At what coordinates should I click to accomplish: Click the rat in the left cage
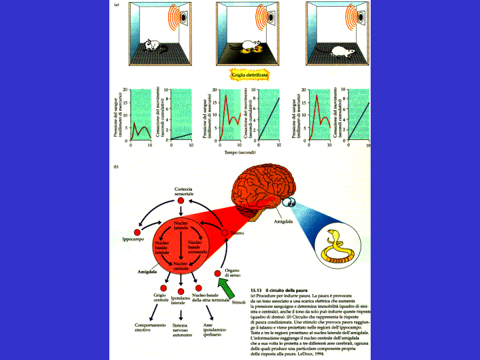[153, 46]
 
